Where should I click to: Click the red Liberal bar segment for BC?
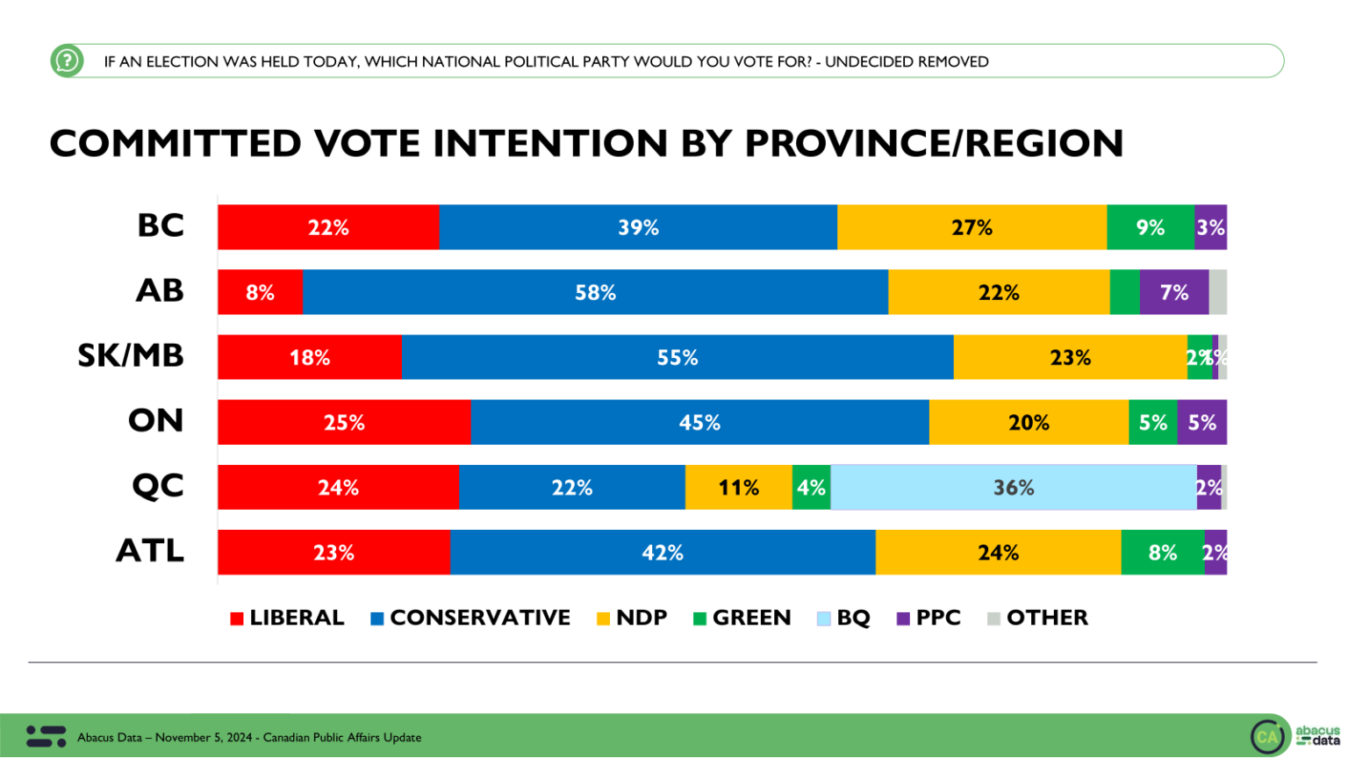[328, 227]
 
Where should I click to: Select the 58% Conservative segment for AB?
[595, 292]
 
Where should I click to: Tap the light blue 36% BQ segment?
[1013, 488]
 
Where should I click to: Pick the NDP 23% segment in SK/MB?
[1070, 358]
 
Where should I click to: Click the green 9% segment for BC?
[1150, 227]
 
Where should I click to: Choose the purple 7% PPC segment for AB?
[1173, 292]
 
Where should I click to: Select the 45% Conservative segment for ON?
[699, 423]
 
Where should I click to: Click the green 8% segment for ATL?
[1162, 553]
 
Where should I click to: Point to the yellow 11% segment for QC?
[738, 488]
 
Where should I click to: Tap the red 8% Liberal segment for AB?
[260, 292]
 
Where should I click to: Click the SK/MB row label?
[131, 356]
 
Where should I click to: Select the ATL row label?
[150, 551]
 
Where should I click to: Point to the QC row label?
[158, 486]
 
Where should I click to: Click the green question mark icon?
[67, 61]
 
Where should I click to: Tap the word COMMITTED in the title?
[175, 144]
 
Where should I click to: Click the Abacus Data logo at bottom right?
[1294, 735]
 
